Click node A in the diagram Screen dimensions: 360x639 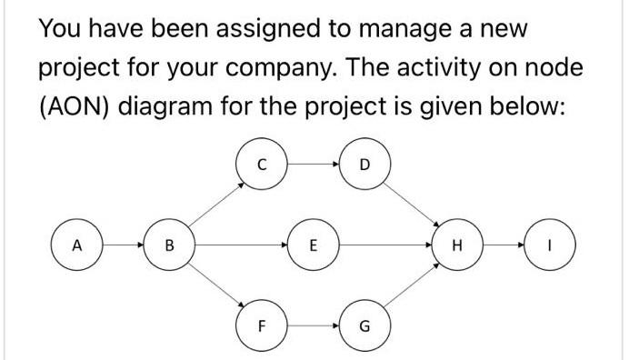click(x=77, y=245)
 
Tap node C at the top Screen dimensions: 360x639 click(x=260, y=165)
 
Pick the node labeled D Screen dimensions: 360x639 click(x=364, y=165)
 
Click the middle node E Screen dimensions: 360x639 click(x=313, y=245)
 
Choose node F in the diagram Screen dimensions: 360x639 click(x=260, y=324)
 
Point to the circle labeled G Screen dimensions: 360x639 click(x=364, y=324)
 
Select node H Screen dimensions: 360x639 click(x=456, y=245)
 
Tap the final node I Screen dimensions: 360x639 click(x=551, y=245)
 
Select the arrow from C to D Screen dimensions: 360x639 click(x=312, y=165)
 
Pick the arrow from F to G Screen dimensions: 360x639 click(x=312, y=324)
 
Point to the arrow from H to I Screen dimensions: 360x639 click(x=504, y=245)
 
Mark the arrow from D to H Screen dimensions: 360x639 click(x=411, y=205)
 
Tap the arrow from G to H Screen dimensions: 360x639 click(x=411, y=285)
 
